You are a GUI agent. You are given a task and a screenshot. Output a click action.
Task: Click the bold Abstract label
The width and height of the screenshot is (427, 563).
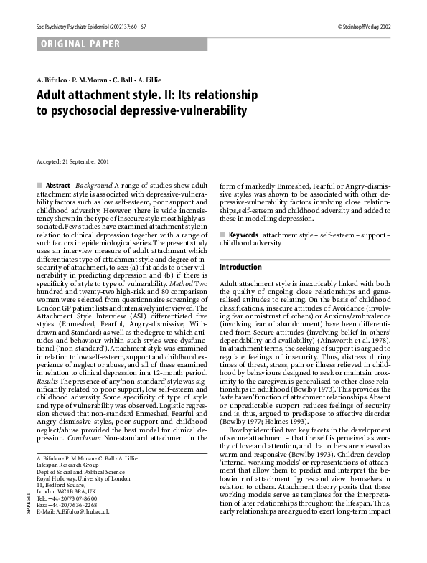click(58, 185)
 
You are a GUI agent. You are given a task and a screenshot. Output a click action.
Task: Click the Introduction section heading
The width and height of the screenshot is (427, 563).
click(241, 267)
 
